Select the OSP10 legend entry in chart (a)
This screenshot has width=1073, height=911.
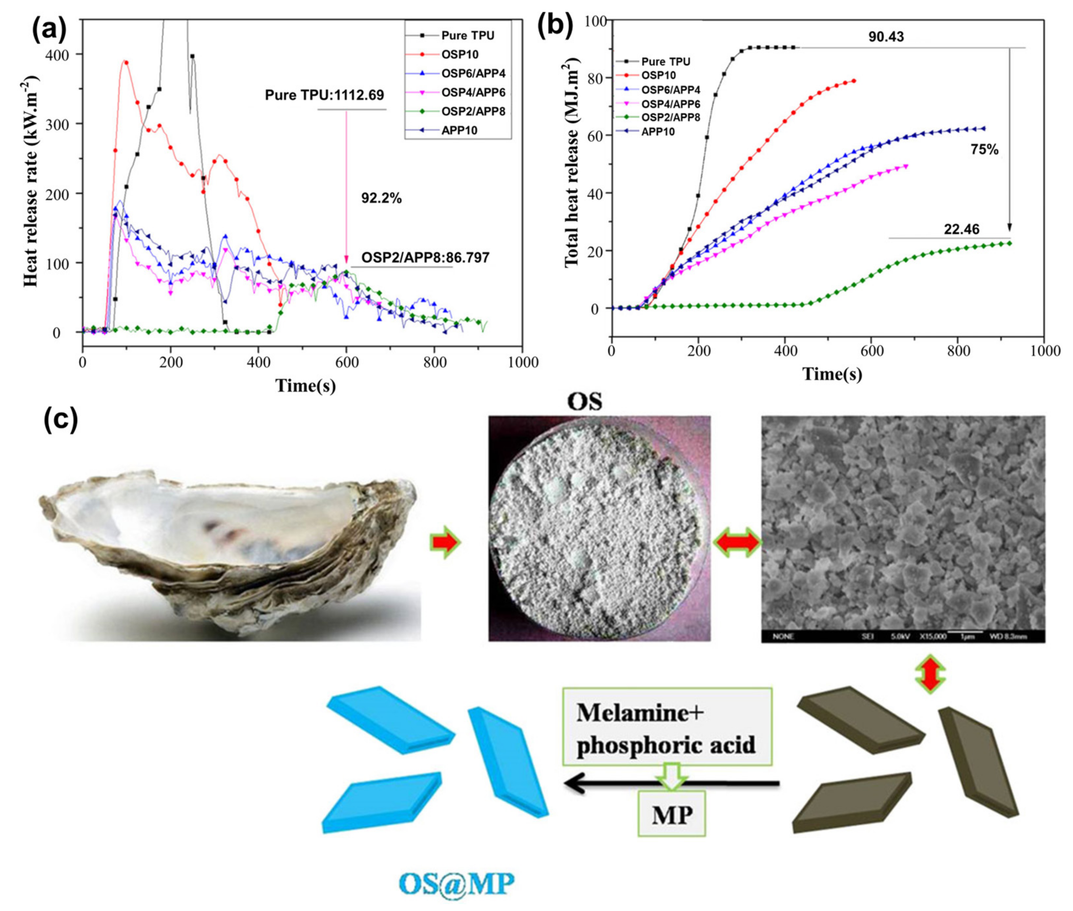pyautogui.click(x=459, y=54)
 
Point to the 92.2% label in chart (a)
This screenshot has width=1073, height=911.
pyautogui.click(x=381, y=198)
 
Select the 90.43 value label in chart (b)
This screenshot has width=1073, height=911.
pyautogui.click(x=885, y=36)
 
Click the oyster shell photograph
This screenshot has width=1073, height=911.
pyautogui.click(x=227, y=552)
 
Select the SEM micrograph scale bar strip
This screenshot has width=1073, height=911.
pyautogui.click(x=902, y=636)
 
